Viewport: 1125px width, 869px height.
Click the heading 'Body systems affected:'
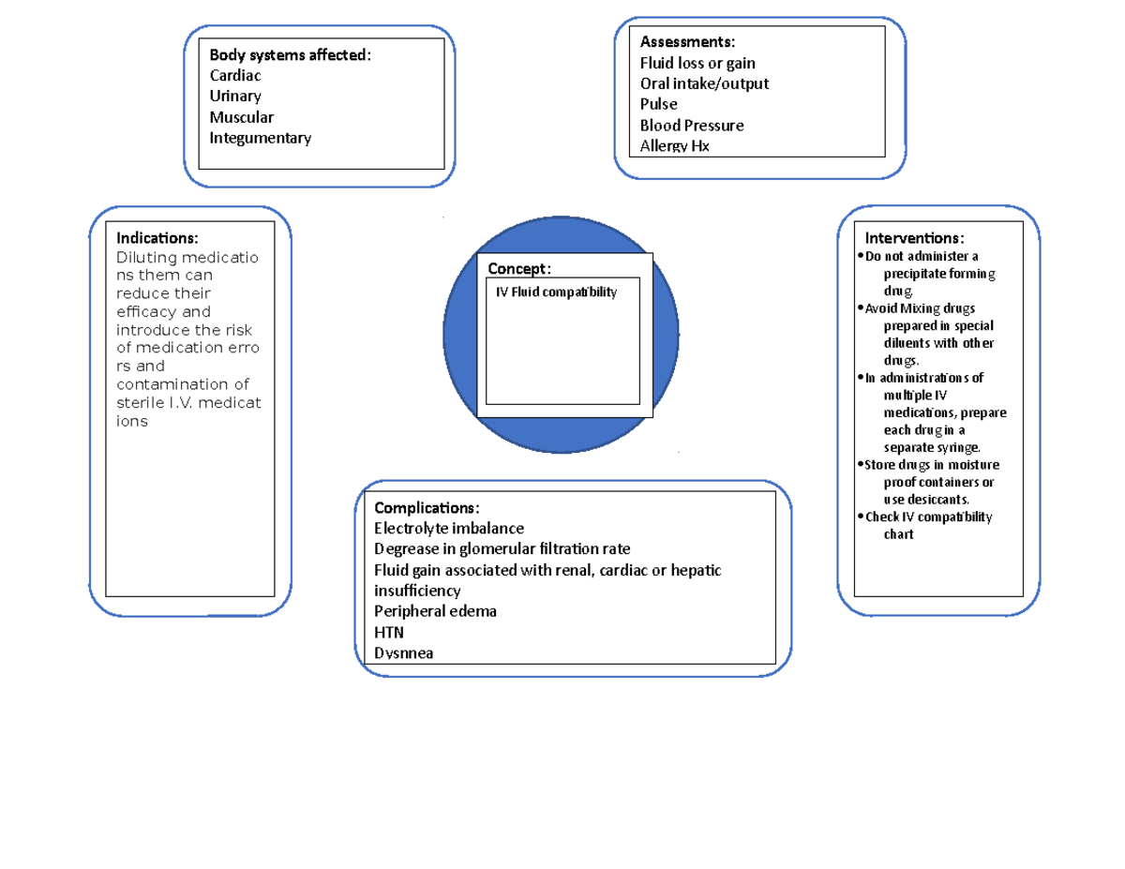[290, 54]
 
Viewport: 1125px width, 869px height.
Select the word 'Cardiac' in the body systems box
[235, 75]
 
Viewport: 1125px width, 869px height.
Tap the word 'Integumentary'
[260, 138]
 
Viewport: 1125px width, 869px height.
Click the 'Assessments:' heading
[687, 42]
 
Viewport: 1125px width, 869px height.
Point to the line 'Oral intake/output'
[704, 83]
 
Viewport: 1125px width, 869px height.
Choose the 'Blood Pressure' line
[692, 125]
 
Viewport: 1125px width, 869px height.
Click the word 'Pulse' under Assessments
[658, 104]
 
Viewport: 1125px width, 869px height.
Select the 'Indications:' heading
[157, 238]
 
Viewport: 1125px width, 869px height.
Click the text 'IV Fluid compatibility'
[557, 292]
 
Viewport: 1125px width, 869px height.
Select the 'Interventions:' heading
[914, 238]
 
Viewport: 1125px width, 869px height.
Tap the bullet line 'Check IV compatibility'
[928, 517]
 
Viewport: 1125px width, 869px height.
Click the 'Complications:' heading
[427, 508]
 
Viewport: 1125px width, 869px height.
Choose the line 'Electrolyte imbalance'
[449, 529]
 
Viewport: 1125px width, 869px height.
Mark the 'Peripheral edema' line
[435, 611]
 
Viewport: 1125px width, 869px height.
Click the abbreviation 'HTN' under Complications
[389, 632]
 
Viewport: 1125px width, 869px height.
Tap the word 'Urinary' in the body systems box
[235, 96]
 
